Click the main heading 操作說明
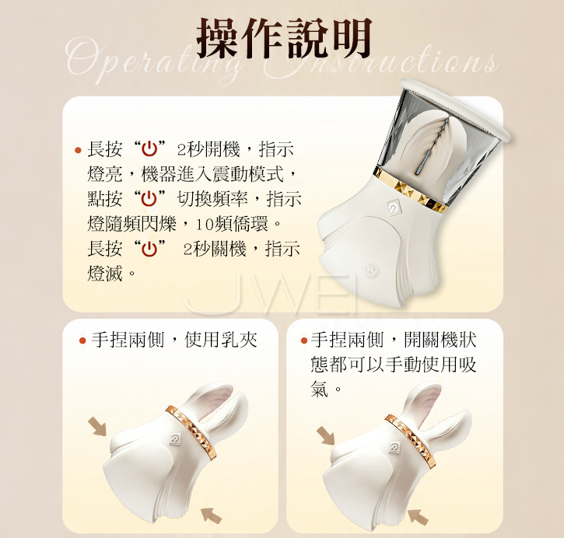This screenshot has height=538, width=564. point(284,39)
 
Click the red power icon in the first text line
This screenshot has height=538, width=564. point(149,149)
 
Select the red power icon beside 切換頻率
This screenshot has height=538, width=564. point(149,199)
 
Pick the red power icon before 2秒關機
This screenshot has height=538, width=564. point(149,248)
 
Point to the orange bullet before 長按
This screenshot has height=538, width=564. point(78,150)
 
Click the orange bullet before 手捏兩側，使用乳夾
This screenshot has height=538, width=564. point(82,340)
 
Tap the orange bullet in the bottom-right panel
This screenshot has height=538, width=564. point(303,340)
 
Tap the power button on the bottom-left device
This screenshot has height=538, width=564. point(175,438)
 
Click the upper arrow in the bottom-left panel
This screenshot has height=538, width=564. point(97,427)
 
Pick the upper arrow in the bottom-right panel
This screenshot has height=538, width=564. point(325,435)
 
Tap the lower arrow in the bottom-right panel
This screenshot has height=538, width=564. point(419,517)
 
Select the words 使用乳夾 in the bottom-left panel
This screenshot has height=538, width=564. point(221,340)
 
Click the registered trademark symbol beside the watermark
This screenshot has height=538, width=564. point(370,271)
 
